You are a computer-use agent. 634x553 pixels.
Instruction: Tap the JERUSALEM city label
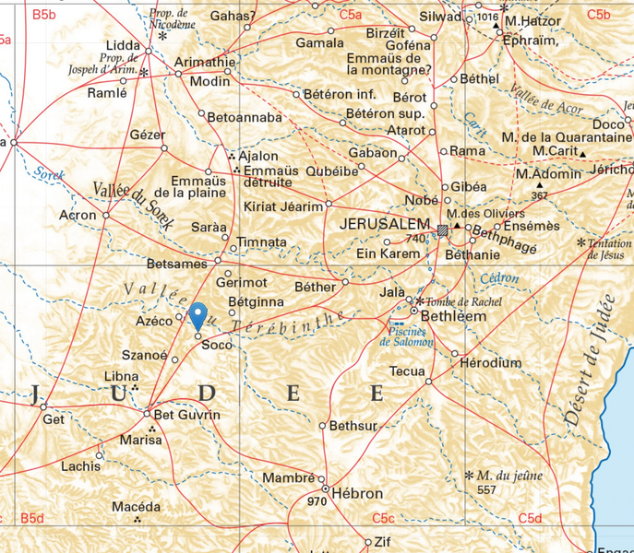pos(385,224)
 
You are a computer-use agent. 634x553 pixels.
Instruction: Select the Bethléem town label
pos(453,316)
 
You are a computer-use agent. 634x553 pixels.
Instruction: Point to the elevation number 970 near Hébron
pos(317,502)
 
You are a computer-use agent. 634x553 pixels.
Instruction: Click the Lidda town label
pos(123,45)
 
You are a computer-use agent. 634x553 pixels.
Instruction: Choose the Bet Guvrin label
pos(186,415)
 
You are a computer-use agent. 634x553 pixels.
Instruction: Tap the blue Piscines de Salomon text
pos(407,336)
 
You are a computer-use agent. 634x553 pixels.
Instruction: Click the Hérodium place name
pos(491,363)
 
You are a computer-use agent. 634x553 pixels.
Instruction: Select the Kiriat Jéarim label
pos(283,206)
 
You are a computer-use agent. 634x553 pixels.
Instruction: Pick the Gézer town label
pos(148,135)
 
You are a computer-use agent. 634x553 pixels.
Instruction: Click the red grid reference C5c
pos(383,519)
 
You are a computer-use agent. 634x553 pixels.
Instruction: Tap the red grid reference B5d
pos(32,519)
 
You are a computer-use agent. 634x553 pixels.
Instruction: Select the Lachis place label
pos(80,466)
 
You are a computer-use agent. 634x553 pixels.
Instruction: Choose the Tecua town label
pos(407,371)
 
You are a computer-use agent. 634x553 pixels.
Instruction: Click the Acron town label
pos(78,215)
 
